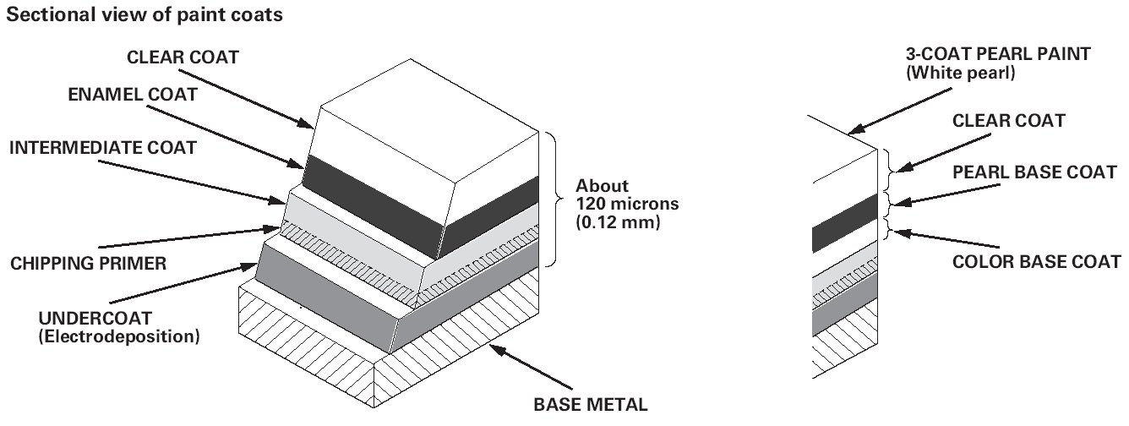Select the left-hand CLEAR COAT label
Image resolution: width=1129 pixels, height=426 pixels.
pyautogui.click(x=183, y=58)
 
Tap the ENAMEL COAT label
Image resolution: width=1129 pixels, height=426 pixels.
pyautogui.click(x=133, y=96)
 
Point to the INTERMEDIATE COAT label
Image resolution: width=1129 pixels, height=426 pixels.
pyautogui.click(x=103, y=148)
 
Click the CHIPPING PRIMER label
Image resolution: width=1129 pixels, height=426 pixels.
pyautogui.click(x=89, y=264)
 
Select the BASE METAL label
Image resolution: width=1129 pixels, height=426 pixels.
pyautogui.click(x=591, y=404)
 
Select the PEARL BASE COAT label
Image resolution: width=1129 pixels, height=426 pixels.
pyautogui.click(x=1034, y=172)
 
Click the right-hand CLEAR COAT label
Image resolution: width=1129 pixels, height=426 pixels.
pyautogui.click(x=1008, y=122)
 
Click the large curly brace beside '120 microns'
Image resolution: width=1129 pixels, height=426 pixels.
pyautogui.click(x=554, y=199)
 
